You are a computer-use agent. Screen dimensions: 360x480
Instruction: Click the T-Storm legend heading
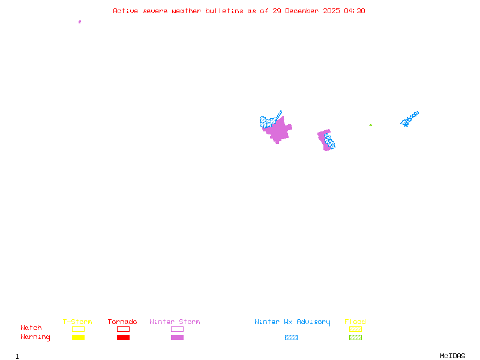click(77, 322)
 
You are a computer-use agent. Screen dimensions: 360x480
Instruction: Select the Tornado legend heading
click(122, 322)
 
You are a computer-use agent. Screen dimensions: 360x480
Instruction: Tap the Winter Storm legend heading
click(175, 322)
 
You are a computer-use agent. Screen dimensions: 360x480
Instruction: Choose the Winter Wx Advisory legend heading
click(292, 322)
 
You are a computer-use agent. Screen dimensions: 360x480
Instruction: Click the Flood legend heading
click(355, 322)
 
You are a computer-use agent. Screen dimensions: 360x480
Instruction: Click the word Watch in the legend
click(31, 328)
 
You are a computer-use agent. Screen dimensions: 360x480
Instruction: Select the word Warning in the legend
click(35, 337)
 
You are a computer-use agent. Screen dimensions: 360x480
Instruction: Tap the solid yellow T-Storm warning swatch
click(78, 338)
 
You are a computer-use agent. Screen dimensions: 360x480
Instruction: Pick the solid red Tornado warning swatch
click(123, 338)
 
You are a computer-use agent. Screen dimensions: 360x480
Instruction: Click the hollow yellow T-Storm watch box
click(78, 329)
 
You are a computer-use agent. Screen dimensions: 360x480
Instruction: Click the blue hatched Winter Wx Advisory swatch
click(291, 338)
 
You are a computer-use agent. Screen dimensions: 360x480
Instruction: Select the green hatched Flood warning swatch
click(355, 338)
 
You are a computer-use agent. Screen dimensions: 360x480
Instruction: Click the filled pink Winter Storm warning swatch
click(177, 338)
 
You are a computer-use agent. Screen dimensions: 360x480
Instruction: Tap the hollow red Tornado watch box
click(123, 329)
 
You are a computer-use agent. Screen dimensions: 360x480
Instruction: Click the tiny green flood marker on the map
click(370, 125)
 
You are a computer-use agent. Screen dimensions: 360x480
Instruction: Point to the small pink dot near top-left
click(80, 22)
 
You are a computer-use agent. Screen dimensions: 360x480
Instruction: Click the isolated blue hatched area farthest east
click(409, 119)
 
